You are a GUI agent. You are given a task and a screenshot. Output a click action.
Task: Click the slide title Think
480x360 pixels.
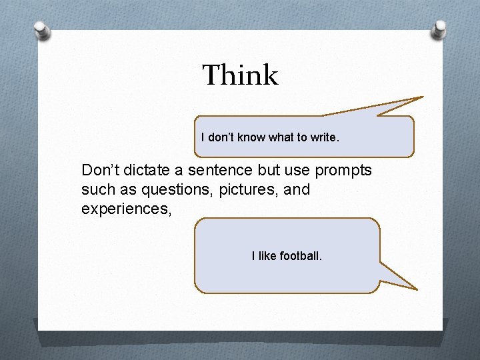click(x=240, y=75)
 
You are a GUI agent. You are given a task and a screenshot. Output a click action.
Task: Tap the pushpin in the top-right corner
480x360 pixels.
click(x=440, y=28)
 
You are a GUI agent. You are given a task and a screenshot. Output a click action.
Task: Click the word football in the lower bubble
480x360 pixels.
click(x=301, y=255)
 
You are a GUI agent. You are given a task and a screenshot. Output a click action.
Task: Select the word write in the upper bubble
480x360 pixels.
click(x=325, y=137)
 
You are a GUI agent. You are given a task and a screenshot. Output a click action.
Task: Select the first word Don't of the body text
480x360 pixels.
click(x=99, y=171)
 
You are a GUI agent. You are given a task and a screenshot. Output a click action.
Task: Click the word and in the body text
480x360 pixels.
click(x=297, y=190)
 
